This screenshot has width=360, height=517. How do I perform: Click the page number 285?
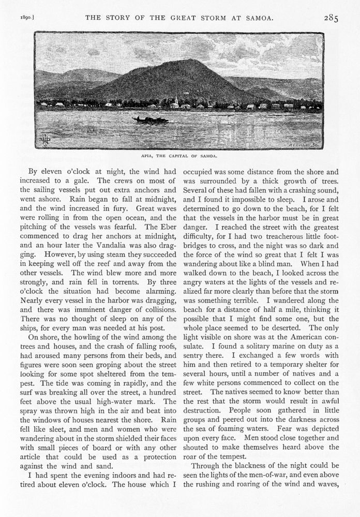pyautogui.click(x=331, y=18)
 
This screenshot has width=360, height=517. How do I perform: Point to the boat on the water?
pyautogui.click(x=151, y=120)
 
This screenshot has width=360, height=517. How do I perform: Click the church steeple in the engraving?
pyautogui.click(x=177, y=98)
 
